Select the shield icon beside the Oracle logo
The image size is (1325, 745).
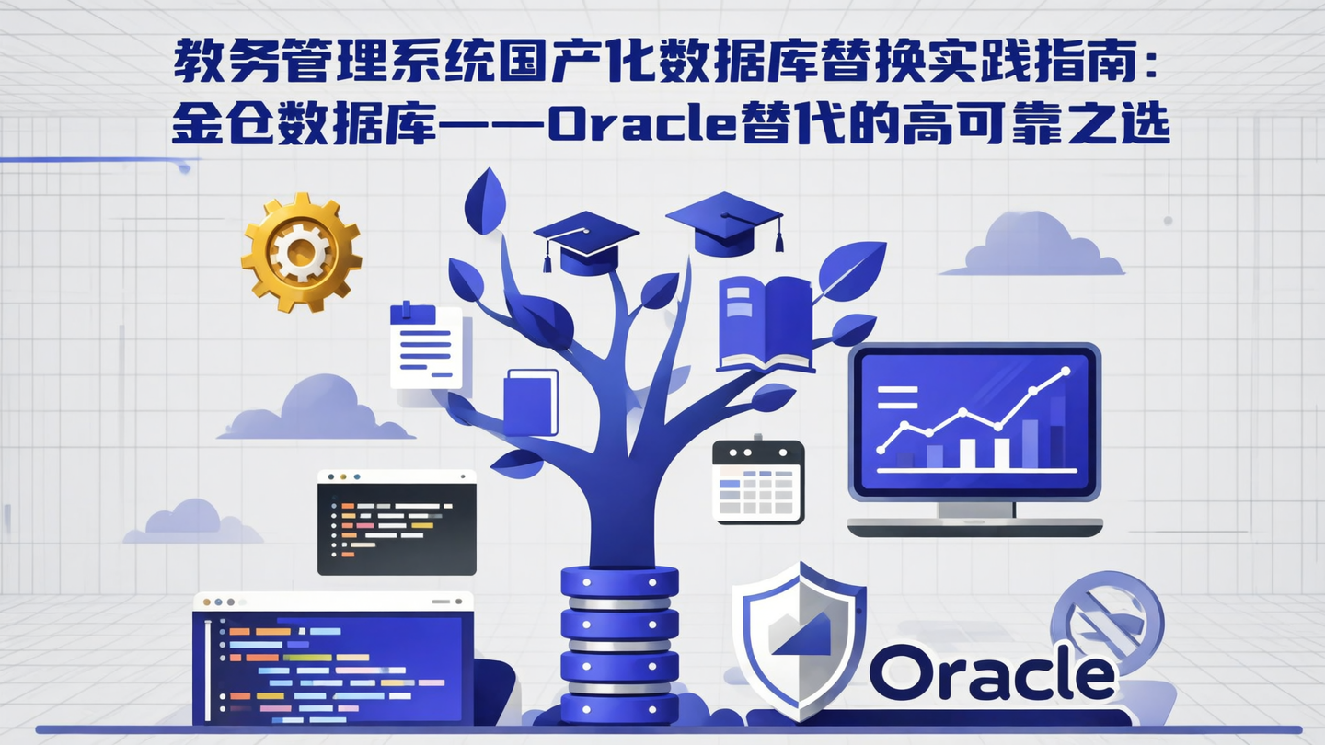[798, 636]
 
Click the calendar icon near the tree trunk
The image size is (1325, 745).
[758, 481]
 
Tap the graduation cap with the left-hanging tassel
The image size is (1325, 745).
[586, 241]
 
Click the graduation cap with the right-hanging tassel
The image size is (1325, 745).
[725, 222]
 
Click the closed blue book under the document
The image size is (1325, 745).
[531, 402]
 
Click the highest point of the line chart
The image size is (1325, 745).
[1066, 372]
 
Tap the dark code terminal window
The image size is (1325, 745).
[397, 522]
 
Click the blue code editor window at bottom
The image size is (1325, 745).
[333, 658]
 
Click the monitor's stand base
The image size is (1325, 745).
[974, 527]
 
